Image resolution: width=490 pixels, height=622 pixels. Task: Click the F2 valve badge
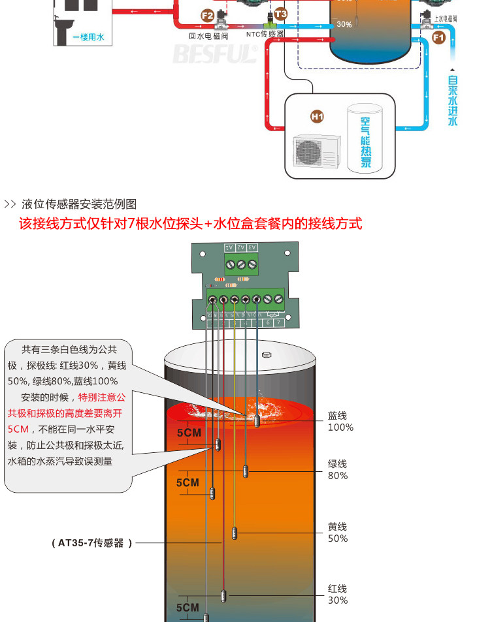point(208,15)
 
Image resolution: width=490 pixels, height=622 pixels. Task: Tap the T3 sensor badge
point(280,13)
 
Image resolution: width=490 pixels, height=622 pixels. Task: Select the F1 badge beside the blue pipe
point(438,38)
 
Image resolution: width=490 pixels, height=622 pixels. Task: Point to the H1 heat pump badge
point(317,117)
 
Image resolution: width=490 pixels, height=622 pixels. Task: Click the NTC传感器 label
point(265,34)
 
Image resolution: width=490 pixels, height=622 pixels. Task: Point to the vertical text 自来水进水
point(453,101)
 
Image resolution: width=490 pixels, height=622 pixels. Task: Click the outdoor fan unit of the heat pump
point(311,151)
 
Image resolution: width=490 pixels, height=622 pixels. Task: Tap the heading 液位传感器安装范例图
point(79,204)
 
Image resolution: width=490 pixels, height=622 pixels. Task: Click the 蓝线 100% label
point(340,422)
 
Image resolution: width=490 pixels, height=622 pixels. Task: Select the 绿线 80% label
point(338,470)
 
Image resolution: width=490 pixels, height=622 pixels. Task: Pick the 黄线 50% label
point(338,533)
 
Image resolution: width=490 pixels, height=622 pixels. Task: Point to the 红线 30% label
point(338,595)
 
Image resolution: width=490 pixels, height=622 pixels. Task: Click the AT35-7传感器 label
point(92,542)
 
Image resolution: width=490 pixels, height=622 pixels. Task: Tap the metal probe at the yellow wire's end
point(235,533)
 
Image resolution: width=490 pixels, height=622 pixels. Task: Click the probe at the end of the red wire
point(223,595)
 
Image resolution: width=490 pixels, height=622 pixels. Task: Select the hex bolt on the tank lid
point(266,356)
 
